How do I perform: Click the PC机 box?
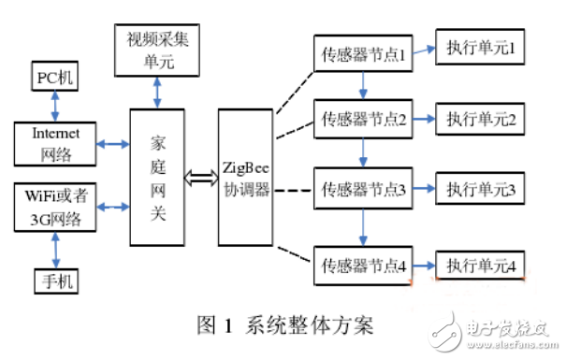point(52,76)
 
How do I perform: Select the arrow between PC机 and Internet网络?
point(52,106)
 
